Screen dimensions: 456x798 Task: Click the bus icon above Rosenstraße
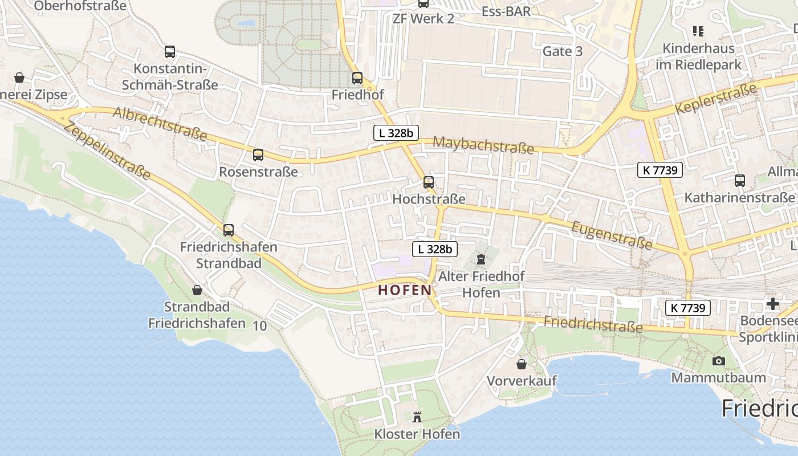point(258,154)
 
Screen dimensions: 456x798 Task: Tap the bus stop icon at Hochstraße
point(429,182)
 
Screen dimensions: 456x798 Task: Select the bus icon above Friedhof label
point(357,78)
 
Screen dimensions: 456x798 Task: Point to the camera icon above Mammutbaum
point(718,361)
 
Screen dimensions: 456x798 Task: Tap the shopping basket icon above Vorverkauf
point(522,364)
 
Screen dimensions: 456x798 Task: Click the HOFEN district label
point(405,290)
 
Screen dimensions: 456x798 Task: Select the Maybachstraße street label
point(483,145)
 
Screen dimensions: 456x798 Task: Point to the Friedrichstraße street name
point(593,324)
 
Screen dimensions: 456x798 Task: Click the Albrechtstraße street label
point(160,123)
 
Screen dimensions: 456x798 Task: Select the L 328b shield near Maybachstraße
point(396,133)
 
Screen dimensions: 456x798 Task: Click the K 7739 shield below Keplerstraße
point(659,169)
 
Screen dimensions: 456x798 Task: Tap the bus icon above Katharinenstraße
point(740,181)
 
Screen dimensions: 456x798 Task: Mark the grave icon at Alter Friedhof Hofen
point(481,260)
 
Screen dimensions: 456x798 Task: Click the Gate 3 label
point(563,51)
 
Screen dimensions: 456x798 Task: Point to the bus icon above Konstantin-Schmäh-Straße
point(170,52)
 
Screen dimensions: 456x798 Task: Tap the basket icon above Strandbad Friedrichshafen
point(197,290)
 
